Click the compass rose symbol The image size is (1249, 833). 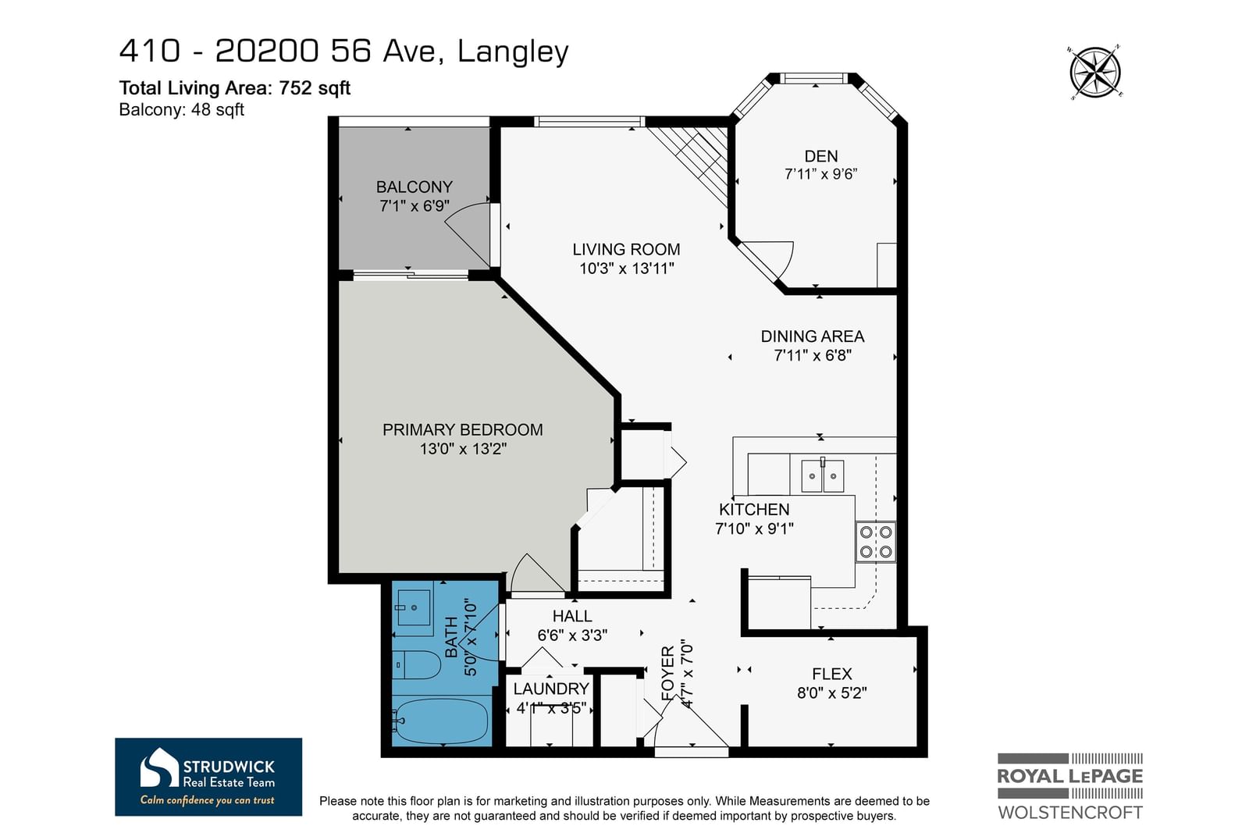coord(1095,73)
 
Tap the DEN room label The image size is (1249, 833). coord(820,156)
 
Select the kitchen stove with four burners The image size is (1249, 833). coord(875,541)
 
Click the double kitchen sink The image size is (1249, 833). coord(823,475)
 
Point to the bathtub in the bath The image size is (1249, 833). coord(441,721)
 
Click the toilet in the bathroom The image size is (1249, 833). coord(415,664)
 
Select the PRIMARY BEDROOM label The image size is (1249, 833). coord(462,430)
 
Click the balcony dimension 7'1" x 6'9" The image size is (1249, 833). coord(415,206)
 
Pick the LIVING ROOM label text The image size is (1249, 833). coord(626,249)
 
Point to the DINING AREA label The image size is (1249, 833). coord(813,336)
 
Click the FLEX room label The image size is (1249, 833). coord(832,674)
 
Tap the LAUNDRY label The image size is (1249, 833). coord(551,689)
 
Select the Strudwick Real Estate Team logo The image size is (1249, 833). coord(208,777)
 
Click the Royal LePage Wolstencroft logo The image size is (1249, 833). coord(1069,786)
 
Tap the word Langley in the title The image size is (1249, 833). coord(512,52)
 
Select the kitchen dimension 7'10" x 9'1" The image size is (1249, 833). coord(754,528)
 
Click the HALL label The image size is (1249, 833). coord(572,616)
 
